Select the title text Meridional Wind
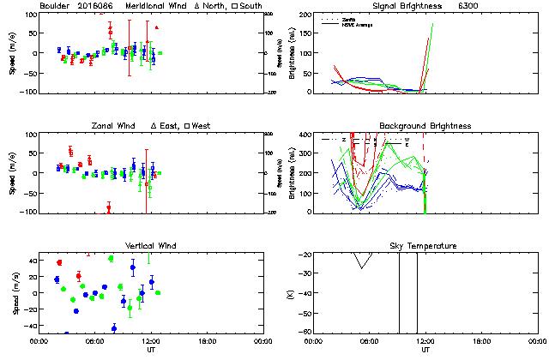click(x=154, y=5)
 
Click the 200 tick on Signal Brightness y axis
click(x=305, y=15)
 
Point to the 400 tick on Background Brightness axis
click(x=305, y=135)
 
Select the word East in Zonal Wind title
click(x=171, y=126)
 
